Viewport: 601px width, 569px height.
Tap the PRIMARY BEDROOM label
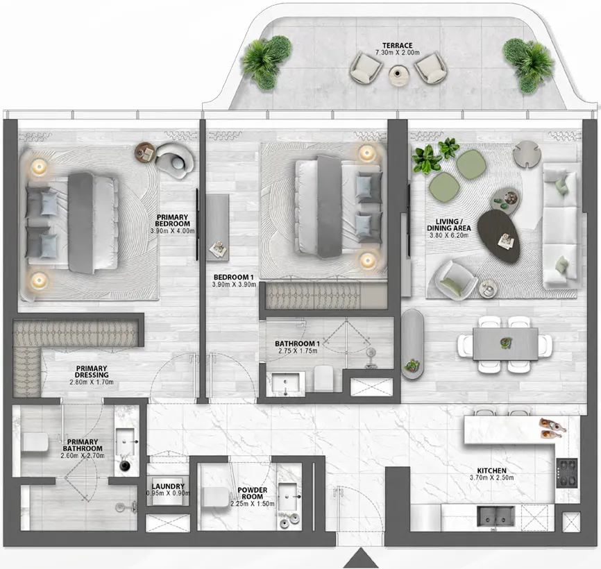pyautogui.click(x=172, y=220)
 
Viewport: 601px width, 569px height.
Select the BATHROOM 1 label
pyautogui.click(x=296, y=343)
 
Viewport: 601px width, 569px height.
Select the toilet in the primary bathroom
pyautogui.click(x=35, y=442)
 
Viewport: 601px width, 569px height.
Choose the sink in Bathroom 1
pyautogui.click(x=285, y=382)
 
